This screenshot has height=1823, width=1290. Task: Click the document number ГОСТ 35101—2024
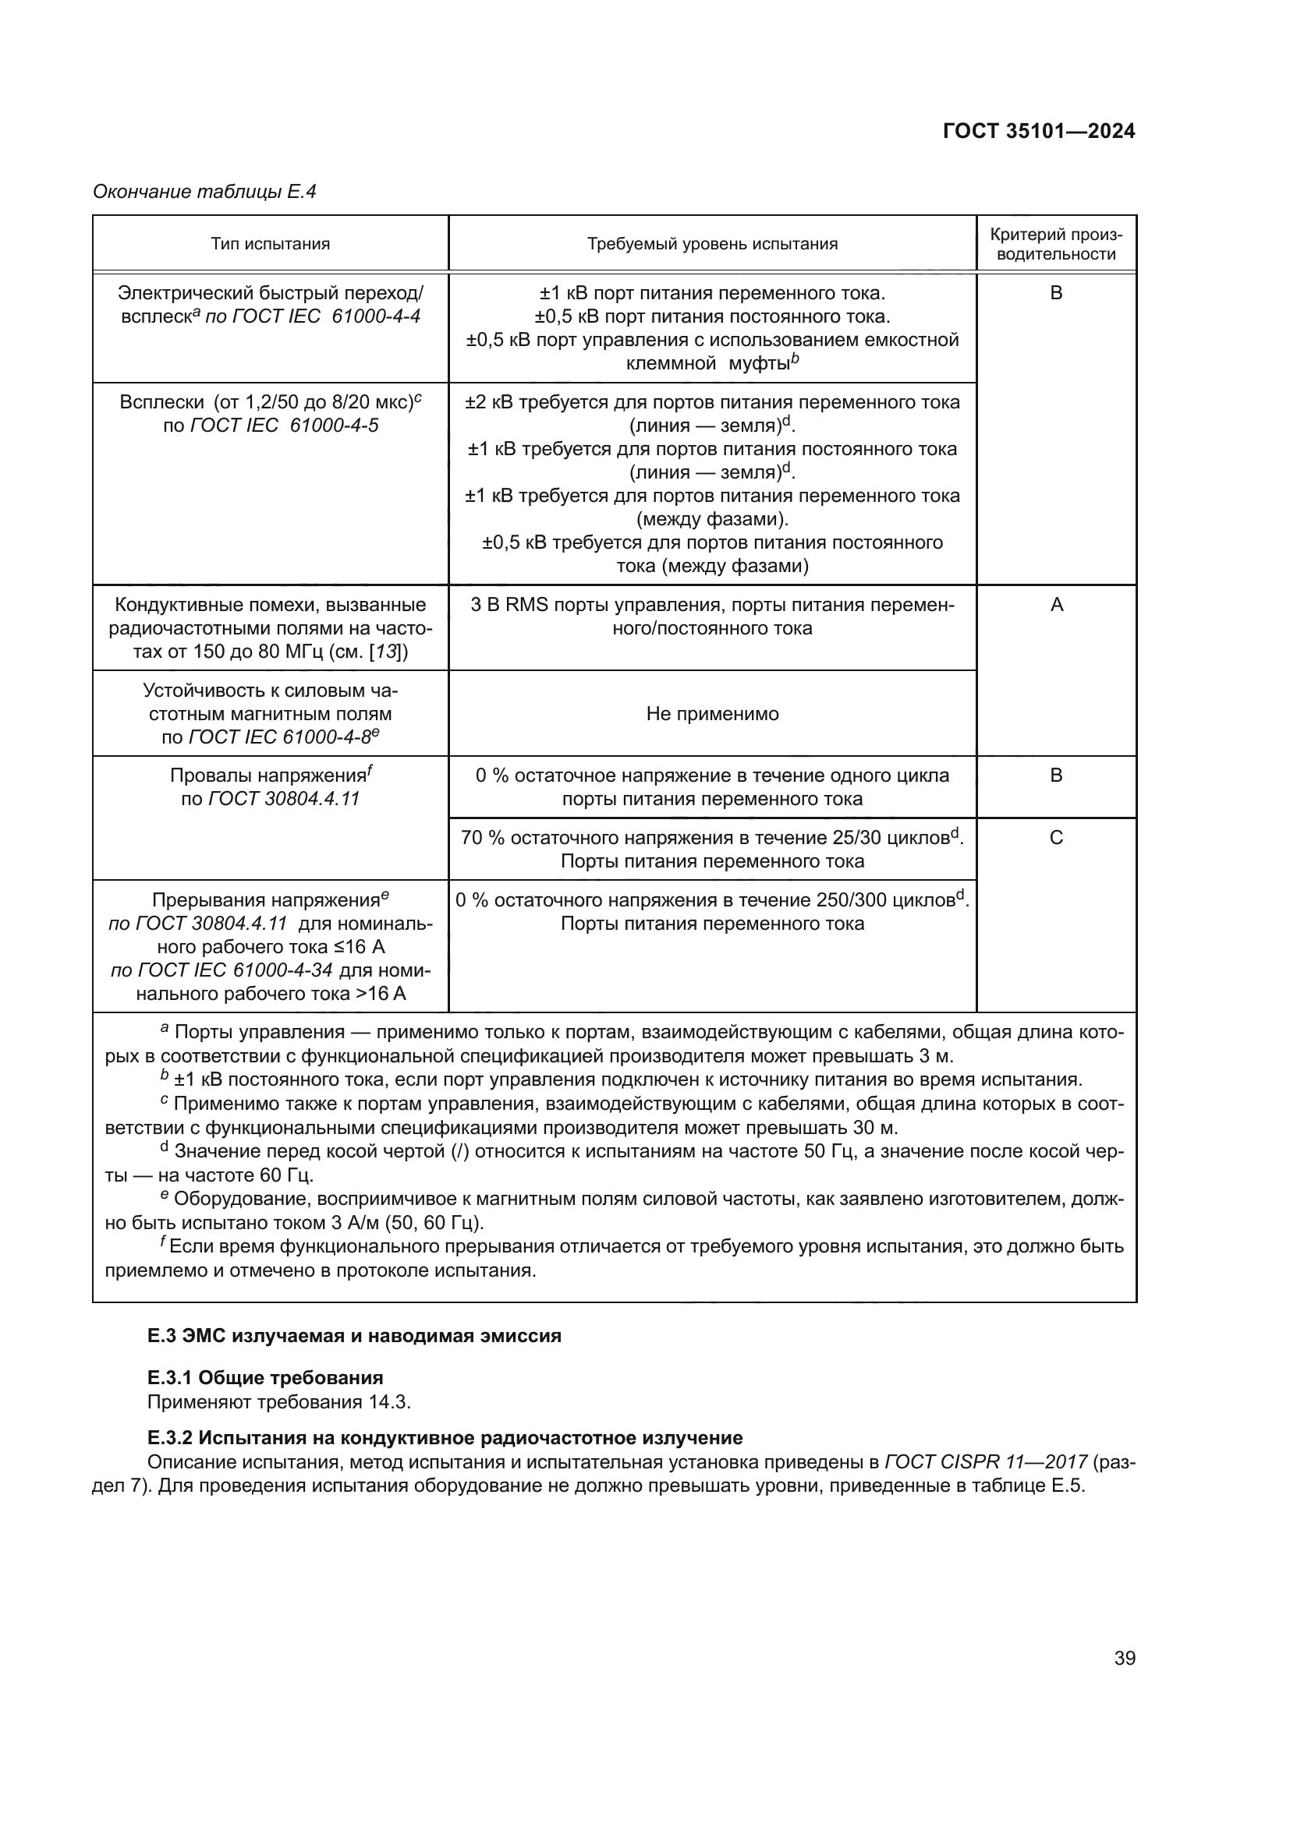point(1038,132)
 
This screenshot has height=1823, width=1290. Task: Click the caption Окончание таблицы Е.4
point(204,192)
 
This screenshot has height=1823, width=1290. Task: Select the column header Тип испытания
point(270,244)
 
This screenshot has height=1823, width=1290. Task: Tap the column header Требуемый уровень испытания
point(712,244)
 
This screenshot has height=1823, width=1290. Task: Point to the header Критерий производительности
point(1056,244)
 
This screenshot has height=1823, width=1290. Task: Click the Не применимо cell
point(712,713)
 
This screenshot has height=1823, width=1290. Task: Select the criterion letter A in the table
point(1056,605)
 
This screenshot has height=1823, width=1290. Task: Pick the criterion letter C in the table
point(1056,838)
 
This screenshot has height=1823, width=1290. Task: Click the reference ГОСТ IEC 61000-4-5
point(284,426)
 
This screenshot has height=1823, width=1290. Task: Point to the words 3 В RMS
point(509,605)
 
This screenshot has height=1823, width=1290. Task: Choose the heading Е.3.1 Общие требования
point(265,1377)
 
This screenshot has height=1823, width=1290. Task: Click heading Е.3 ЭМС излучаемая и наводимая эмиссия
point(354,1336)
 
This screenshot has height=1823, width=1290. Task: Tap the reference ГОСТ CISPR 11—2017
point(985,1461)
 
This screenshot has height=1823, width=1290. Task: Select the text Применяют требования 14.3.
point(278,1401)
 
